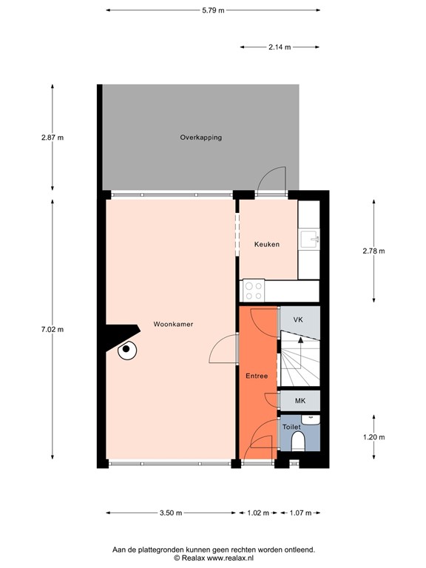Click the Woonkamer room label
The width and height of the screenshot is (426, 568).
click(174, 324)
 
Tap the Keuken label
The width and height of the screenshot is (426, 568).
click(267, 244)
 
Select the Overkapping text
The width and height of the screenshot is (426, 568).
click(200, 138)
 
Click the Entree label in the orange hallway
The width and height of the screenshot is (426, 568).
click(257, 376)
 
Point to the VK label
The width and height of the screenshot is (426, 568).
click(298, 320)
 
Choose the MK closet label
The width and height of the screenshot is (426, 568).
click(300, 401)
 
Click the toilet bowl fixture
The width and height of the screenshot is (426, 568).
click(300, 442)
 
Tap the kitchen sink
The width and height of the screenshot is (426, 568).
click(309, 239)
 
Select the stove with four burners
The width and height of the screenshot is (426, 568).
click(254, 289)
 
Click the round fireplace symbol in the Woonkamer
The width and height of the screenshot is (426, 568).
click(127, 349)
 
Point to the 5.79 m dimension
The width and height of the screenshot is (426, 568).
click(213, 10)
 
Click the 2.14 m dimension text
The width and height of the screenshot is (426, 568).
click(280, 47)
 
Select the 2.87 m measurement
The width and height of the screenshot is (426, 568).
click(52, 138)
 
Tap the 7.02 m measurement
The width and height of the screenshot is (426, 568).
click(52, 329)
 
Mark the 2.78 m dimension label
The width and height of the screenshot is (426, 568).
click(373, 251)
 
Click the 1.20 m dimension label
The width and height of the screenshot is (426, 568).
click(373, 436)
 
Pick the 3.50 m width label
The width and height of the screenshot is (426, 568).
click(171, 513)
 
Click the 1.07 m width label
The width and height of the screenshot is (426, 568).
click(300, 513)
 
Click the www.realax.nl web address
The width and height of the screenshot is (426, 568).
click(240, 559)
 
